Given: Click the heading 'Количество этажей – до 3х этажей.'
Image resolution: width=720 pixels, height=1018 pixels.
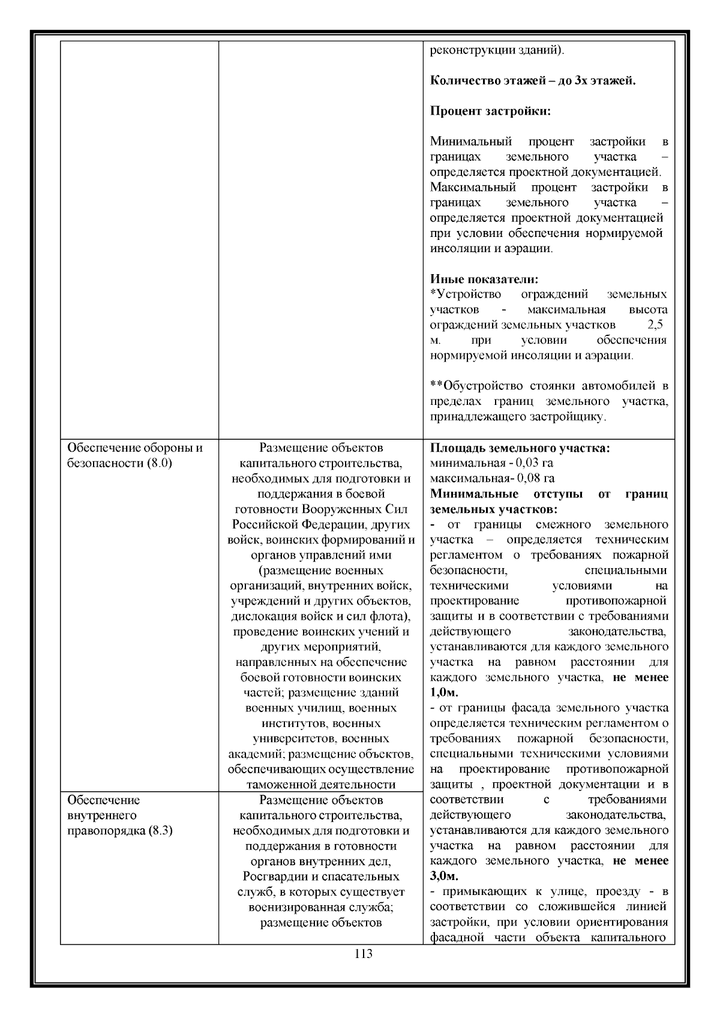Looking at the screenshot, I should [533, 80].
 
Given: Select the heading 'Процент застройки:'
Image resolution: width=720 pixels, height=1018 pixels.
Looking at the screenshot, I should [490, 111].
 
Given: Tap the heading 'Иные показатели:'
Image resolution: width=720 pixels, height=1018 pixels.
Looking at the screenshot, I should [484, 279].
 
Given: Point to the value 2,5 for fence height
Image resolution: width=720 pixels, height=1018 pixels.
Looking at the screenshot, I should [655, 325].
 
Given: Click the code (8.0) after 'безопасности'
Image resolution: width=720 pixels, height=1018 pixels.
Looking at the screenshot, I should [159, 463].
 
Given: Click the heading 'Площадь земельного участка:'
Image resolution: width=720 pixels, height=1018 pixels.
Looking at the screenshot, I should [520, 448].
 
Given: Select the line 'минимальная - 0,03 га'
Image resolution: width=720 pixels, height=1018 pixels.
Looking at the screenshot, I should [491, 463].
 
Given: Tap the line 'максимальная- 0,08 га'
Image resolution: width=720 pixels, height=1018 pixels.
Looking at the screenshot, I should [492, 478].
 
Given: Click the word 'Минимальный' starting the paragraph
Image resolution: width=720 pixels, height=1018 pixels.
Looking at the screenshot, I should [470, 142].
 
